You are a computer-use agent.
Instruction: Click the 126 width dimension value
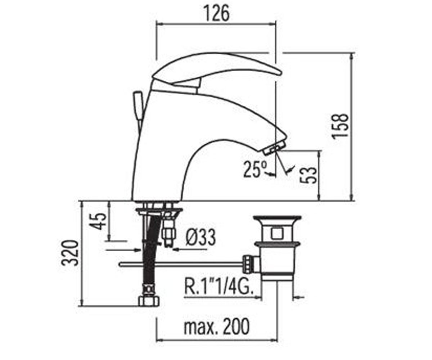point(217,13)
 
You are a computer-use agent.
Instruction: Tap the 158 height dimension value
point(340,126)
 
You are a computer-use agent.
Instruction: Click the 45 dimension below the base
point(99,221)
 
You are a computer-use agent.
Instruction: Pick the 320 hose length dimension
point(70,253)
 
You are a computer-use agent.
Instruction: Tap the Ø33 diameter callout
point(201,238)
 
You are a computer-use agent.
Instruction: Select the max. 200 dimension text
point(217,327)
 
